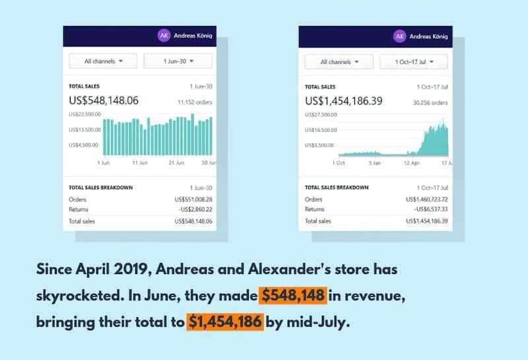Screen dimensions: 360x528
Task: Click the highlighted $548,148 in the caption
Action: coord(293,296)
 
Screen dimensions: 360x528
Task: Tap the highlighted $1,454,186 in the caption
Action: coord(225,322)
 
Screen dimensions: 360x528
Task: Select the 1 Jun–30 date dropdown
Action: coord(178,61)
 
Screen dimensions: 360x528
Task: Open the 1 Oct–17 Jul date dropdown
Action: coord(414,61)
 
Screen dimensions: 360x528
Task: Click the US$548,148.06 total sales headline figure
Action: coord(104,101)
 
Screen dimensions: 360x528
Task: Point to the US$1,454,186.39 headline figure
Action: coord(344,101)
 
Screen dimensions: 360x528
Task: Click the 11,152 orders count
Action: coord(195,102)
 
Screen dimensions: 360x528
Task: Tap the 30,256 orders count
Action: coord(430,102)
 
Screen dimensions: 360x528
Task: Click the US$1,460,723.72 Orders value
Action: coord(426,199)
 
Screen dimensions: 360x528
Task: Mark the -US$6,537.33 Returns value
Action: coord(430,209)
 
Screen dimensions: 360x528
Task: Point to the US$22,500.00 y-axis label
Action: coord(84,114)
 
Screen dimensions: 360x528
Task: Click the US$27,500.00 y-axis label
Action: coord(321,114)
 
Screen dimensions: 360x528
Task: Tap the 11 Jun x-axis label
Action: coord(139,162)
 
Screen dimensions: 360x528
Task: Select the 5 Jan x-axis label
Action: coord(374,162)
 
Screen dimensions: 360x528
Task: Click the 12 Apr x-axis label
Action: coord(411,162)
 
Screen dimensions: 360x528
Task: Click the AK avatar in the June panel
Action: coord(164,36)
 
